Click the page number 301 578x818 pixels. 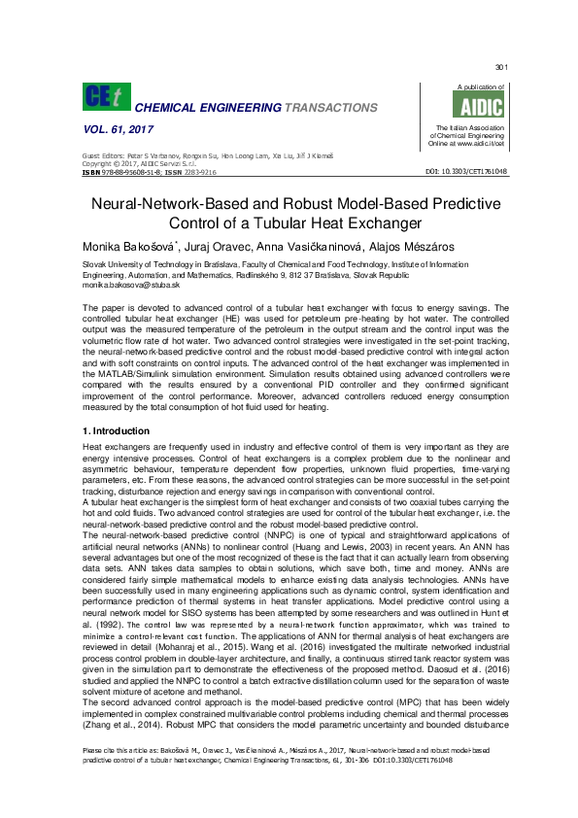(501, 67)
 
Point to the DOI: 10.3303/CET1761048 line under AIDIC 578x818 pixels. (466, 172)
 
